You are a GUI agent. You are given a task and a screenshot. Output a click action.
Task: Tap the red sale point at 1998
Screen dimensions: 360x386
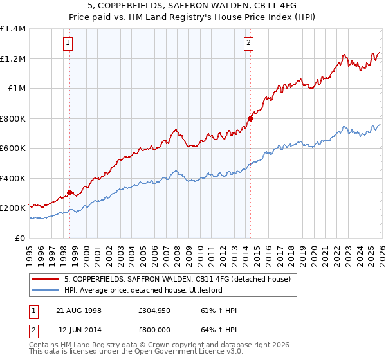point(69,192)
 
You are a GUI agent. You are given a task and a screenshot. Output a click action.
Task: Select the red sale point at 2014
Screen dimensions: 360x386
point(251,118)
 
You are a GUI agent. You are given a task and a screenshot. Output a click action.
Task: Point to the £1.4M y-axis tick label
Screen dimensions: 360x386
point(13,29)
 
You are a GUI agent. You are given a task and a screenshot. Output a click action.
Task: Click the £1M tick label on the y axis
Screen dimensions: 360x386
point(16,89)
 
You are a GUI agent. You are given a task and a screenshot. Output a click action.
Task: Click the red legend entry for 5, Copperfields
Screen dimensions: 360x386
point(177,279)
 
